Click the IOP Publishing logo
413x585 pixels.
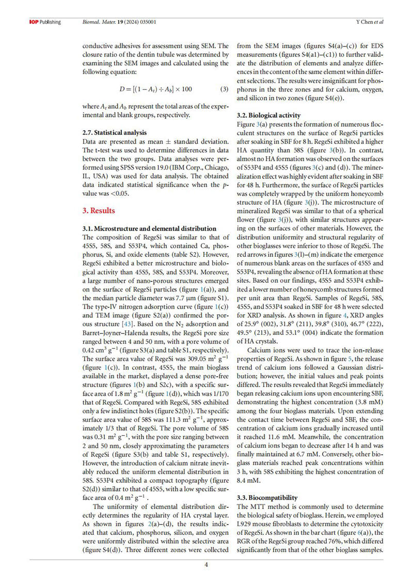tap(45, 22)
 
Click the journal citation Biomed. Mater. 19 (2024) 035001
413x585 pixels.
tap(120, 22)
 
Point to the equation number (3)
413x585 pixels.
tap(224, 89)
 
